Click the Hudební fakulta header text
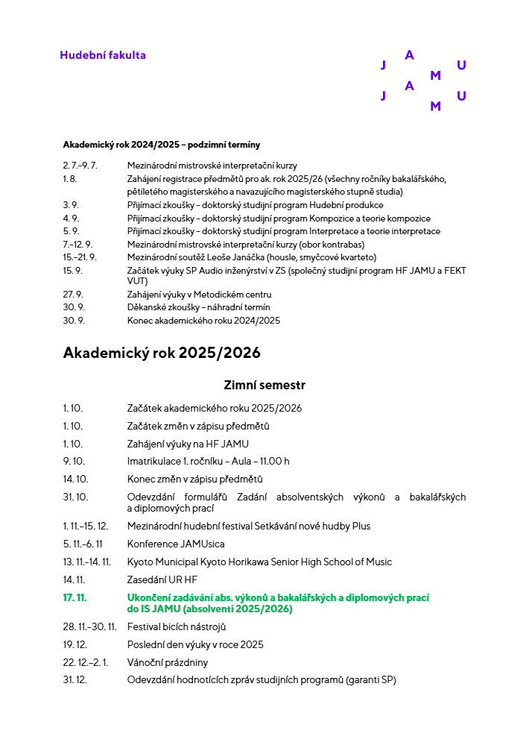click(x=103, y=55)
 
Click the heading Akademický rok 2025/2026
click(x=162, y=352)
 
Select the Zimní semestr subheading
click(x=264, y=385)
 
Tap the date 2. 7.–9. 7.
click(x=80, y=166)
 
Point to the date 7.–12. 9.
click(x=77, y=244)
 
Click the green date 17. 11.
click(x=75, y=597)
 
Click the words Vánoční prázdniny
click(x=168, y=662)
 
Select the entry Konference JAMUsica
click(x=176, y=544)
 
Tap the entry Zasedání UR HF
click(x=162, y=579)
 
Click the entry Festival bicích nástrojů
click(x=177, y=626)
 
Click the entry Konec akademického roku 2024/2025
click(x=203, y=321)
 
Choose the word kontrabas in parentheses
click(x=341, y=244)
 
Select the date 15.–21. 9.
click(x=80, y=257)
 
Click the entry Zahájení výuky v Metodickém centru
click(x=199, y=295)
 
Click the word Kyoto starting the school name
click(x=139, y=562)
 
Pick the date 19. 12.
click(x=75, y=644)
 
